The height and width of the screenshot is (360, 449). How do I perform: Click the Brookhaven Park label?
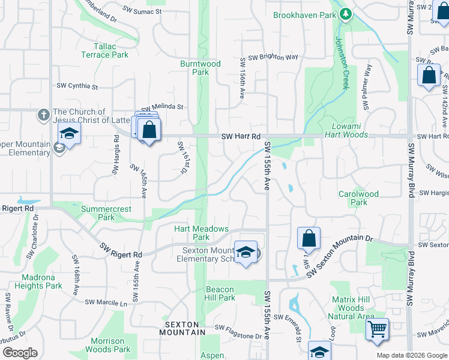tap(304, 14)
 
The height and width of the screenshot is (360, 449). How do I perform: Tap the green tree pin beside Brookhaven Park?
tap(345, 14)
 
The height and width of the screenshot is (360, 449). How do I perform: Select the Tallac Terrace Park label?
tap(103, 50)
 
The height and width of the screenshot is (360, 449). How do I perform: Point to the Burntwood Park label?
tap(200, 67)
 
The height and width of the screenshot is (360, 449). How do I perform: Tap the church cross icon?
tap(43, 114)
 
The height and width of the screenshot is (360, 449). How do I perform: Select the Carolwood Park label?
tap(358, 198)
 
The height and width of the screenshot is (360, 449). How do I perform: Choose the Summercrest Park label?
tap(98, 213)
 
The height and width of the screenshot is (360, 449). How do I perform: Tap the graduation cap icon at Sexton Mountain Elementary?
tap(245, 252)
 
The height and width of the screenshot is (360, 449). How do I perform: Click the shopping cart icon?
tap(377, 328)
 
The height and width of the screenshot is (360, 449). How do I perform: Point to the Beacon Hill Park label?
tap(220, 293)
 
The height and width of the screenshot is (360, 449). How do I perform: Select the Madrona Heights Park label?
tap(42, 281)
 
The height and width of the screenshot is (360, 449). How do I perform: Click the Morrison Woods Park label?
tap(107, 345)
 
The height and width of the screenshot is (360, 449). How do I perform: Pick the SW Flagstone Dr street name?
tap(238, 332)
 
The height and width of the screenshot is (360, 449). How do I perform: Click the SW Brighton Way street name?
tap(273, 58)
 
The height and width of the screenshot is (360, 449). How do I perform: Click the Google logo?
tap(19, 353)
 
